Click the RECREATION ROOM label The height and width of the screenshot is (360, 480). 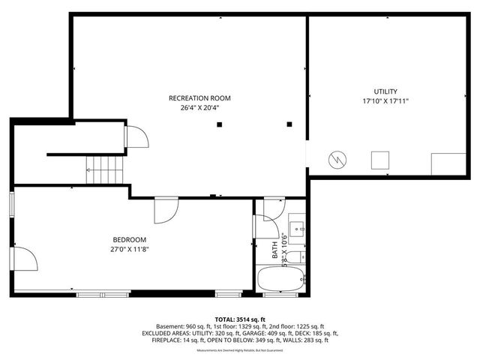tap(199, 98)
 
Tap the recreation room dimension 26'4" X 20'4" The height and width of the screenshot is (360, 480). tap(199, 107)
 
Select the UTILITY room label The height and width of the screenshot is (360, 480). tap(385, 91)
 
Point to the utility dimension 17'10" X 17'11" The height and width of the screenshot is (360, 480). tap(385, 100)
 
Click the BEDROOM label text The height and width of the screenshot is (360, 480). tap(128, 239)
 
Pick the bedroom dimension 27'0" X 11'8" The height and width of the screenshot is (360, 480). tap(128, 249)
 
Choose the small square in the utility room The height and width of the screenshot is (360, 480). tap(381, 160)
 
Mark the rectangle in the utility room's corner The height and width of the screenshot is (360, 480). tap(448, 163)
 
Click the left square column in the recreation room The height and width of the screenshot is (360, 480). tap(219, 124)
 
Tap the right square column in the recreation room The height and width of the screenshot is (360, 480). tap(289, 124)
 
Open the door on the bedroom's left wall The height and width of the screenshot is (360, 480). tap(25, 259)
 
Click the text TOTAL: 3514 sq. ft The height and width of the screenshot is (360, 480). tap(239, 319)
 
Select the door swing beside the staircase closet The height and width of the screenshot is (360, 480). tap(136, 137)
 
